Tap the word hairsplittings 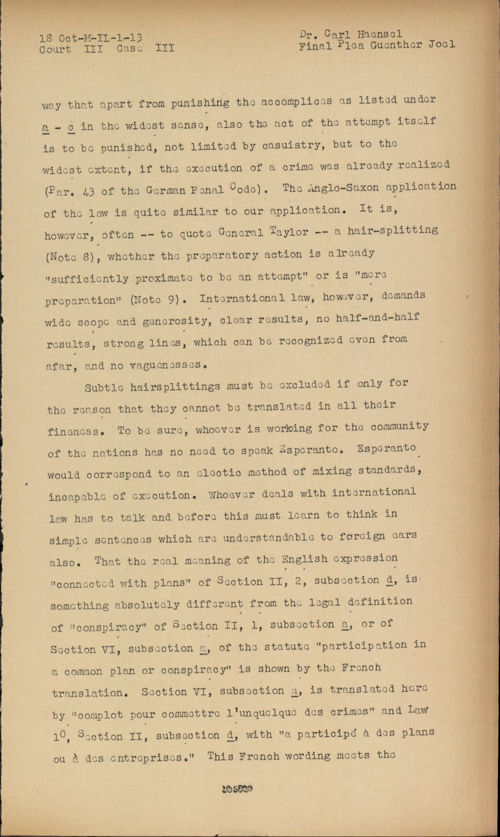click(x=175, y=387)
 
